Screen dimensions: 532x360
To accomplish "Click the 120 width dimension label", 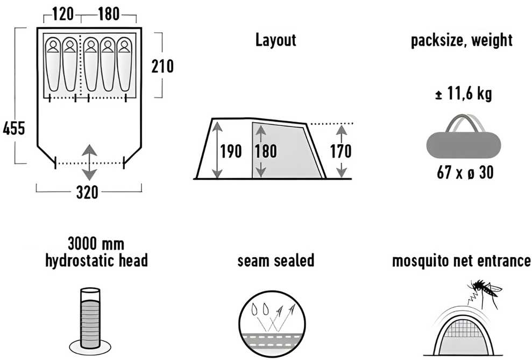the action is click(63, 14).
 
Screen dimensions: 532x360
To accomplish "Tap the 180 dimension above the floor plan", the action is click(109, 14).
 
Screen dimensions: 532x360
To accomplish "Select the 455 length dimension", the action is click(14, 129).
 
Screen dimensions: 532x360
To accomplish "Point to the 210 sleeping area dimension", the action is click(162, 66).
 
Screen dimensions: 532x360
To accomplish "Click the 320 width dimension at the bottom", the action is click(87, 193).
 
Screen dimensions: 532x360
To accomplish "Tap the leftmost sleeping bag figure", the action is click(53, 65).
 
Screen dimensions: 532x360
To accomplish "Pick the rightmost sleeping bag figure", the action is click(124, 65).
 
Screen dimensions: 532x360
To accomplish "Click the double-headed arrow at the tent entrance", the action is click(89, 162).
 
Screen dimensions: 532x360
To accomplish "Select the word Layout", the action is click(275, 40).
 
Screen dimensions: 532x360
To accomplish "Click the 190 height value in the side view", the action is click(231, 151).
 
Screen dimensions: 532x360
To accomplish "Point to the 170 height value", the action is click(341, 151).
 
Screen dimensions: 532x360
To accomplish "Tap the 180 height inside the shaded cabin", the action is click(266, 151).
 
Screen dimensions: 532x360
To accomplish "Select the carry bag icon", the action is click(464, 139).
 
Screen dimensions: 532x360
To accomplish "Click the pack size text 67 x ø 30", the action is click(465, 172).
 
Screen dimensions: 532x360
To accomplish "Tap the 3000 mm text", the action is click(96, 244).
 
